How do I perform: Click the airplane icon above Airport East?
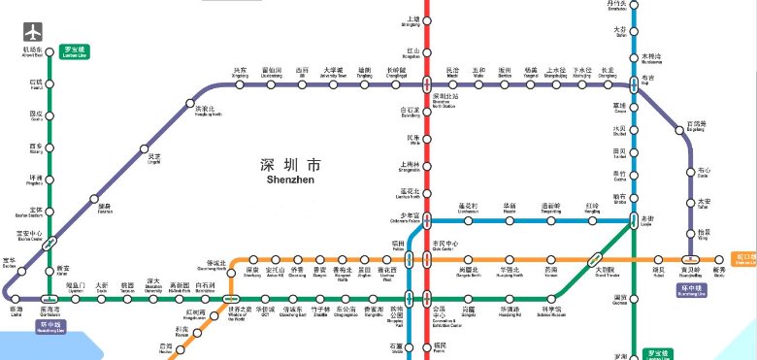(x=35, y=30)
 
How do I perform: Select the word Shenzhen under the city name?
(x=289, y=179)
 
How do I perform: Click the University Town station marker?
(x=333, y=85)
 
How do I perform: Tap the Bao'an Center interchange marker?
(x=50, y=244)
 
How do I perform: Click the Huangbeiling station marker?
(x=689, y=260)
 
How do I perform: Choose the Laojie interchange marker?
(x=635, y=220)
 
